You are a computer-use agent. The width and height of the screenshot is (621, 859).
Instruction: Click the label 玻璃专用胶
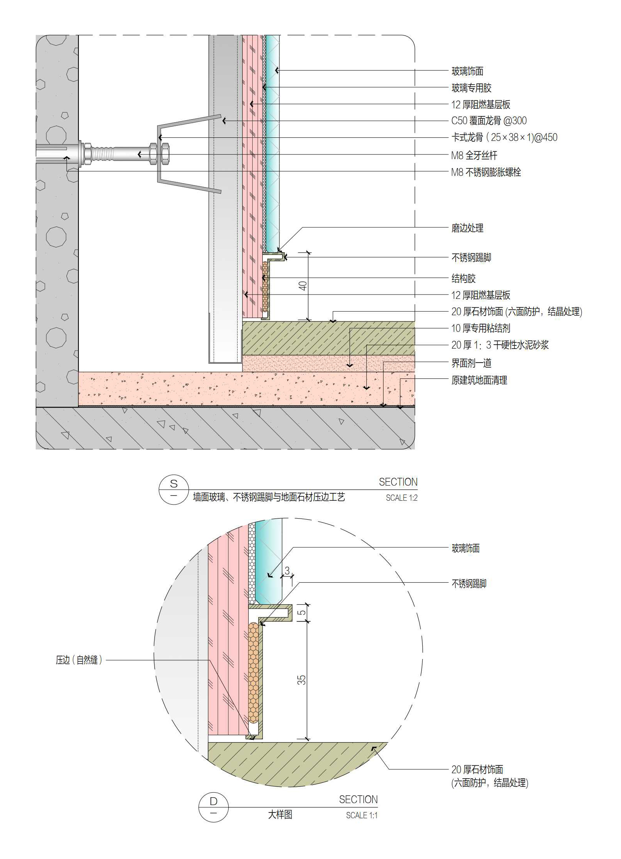[471, 88]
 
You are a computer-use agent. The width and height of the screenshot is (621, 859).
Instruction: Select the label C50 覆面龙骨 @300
[489, 121]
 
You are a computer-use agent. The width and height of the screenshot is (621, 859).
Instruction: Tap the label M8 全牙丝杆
[474, 156]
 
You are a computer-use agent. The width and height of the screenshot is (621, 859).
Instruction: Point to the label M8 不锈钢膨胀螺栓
[486, 172]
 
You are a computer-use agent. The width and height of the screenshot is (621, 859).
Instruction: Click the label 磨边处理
[467, 228]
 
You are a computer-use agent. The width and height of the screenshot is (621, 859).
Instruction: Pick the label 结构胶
[463, 278]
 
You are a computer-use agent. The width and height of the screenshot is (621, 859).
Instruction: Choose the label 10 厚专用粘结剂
[480, 328]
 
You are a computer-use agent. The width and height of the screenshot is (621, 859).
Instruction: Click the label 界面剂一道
[471, 363]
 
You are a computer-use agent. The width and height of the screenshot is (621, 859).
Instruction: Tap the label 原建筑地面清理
[479, 380]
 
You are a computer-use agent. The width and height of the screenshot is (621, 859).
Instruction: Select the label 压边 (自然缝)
[79, 660]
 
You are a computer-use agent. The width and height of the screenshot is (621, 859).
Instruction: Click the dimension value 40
[303, 286]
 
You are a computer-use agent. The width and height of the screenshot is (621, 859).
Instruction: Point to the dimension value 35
[302, 680]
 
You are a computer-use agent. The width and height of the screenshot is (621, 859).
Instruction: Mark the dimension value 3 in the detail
[287, 570]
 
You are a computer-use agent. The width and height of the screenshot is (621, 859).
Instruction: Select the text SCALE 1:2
[401, 498]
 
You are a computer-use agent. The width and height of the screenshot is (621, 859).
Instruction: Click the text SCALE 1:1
[362, 815]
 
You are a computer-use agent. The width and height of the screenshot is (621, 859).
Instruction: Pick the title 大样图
[280, 814]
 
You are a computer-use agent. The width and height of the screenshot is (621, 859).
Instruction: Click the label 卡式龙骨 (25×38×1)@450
[504, 137]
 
